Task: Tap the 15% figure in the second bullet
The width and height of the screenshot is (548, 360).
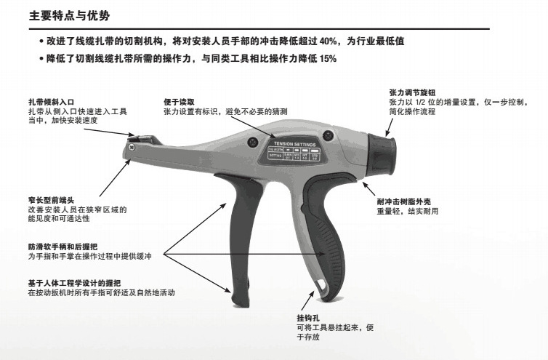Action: [x=329, y=58]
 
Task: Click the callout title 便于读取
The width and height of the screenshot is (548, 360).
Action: [x=178, y=103]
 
